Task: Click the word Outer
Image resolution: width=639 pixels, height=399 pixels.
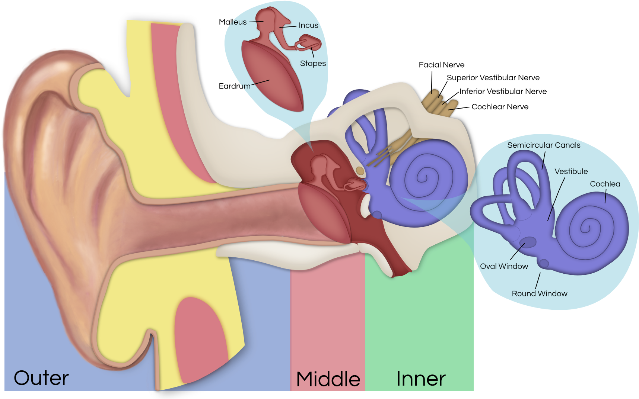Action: pos(41,378)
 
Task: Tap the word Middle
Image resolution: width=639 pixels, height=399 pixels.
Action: pos(328,379)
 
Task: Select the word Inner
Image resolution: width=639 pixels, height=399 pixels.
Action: pos(421,379)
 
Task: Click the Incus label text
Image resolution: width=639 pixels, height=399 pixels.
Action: pos(308,25)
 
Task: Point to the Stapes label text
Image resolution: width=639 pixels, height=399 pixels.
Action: pos(313,64)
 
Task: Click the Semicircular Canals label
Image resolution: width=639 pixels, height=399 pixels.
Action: pos(544,145)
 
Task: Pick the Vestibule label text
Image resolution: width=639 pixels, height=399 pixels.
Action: pos(571,171)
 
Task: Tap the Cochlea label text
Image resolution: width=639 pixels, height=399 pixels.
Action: pos(605,184)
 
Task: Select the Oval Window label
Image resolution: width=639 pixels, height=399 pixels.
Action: pos(504,266)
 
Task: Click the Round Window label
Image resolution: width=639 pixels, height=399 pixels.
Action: pos(539,293)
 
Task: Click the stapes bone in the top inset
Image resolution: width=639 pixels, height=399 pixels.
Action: pos(309,43)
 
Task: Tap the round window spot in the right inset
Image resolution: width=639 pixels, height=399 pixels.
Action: pos(544,263)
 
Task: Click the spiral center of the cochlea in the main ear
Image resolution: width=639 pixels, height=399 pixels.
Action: pos(422,177)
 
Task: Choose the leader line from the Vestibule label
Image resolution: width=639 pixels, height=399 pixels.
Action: pos(556,199)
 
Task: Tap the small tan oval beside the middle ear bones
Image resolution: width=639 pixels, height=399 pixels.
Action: pos(360,171)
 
